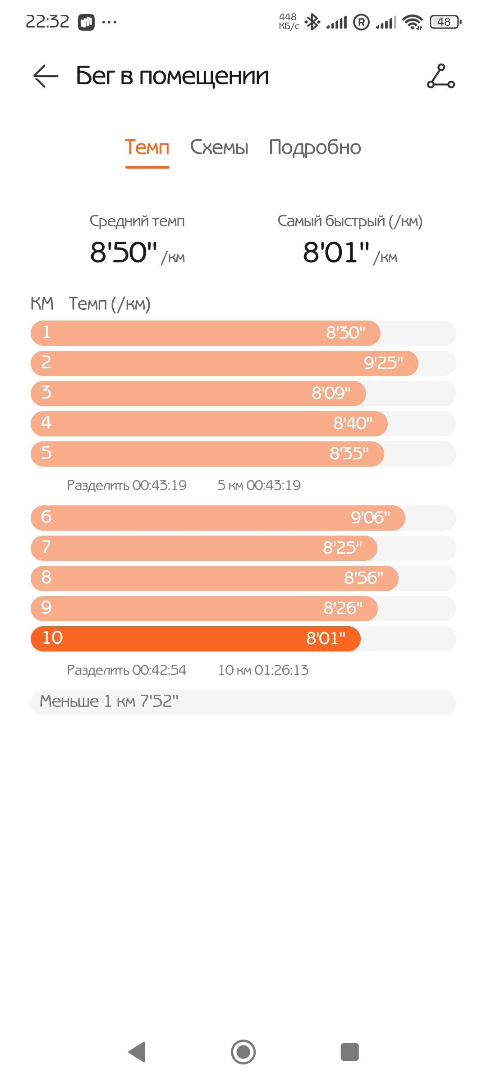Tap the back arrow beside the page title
46,76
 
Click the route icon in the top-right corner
441,76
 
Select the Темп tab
147,147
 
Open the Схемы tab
219,147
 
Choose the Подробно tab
315,148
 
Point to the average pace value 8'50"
124,252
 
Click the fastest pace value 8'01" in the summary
336,252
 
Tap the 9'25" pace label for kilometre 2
383,363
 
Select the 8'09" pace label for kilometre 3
331,393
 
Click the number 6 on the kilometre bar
46,517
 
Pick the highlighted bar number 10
52,637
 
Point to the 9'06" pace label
370,518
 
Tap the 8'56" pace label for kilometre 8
363,578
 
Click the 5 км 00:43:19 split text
259,485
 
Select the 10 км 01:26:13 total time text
263,670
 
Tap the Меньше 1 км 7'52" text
109,701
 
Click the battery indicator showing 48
446,22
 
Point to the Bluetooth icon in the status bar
312,22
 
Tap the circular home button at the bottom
243,1052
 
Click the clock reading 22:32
47,22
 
